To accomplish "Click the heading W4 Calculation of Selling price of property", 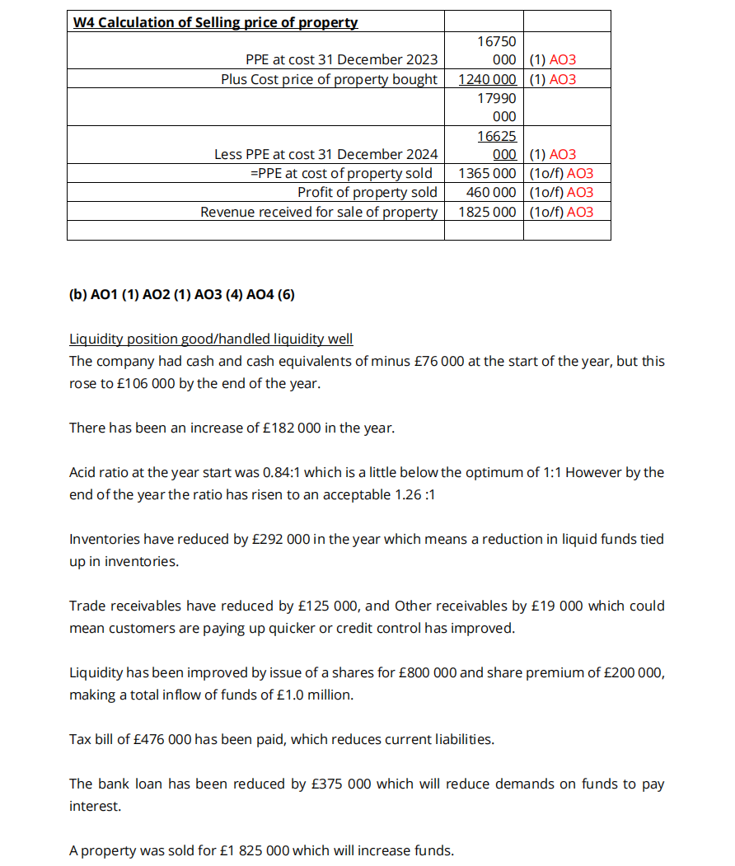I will [215, 22].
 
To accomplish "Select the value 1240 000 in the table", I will [487, 79].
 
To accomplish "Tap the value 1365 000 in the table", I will [487, 173].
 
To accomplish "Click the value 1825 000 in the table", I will [487, 212].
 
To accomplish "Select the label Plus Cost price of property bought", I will [329, 79].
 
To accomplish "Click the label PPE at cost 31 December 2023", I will [341, 59].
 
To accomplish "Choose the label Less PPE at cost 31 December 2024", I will [325, 154].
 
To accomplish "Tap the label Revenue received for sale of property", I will [319, 212].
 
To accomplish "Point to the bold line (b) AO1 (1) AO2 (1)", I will [181, 294].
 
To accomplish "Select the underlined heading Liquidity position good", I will [211, 339].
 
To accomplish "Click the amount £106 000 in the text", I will [141, 383].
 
